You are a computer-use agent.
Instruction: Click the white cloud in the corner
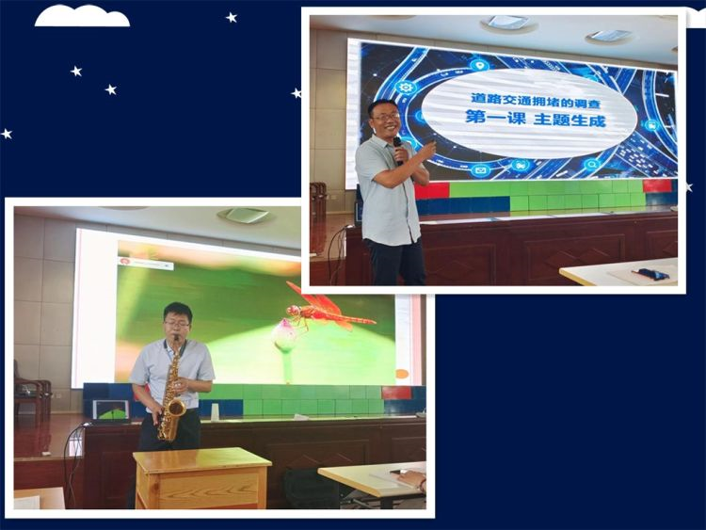82,16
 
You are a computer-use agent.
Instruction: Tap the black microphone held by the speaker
397,151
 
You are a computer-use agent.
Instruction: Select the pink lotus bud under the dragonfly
283,333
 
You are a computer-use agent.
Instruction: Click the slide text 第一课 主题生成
536,119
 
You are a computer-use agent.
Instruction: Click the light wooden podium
201,478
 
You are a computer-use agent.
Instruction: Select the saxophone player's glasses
177,323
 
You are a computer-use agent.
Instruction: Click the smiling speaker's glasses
386,117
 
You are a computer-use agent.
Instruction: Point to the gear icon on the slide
405,87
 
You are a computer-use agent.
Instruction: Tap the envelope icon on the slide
481,170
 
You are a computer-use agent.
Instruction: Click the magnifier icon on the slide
592,165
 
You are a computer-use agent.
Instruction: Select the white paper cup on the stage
215,411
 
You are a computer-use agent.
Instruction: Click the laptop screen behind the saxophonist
111,410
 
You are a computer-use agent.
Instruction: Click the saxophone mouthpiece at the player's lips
177,339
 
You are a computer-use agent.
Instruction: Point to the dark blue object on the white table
649,272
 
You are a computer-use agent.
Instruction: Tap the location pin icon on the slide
481,66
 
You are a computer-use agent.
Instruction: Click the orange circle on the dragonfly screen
402,374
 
